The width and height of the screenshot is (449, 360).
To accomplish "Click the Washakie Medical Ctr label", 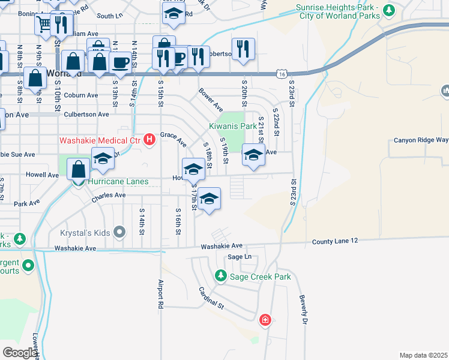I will [x=99, y=141].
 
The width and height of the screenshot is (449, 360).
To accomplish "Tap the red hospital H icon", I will [x=149, y=141].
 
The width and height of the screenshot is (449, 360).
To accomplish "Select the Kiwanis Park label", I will [x=232, y=127].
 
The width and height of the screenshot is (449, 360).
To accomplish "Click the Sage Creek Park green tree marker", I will [x=221, y=276].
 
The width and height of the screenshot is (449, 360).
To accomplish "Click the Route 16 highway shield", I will [x=282, y=73].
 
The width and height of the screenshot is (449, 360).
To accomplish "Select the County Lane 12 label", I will [x=334, y=241].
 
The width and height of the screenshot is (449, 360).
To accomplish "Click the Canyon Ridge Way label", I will [x=421, y=140].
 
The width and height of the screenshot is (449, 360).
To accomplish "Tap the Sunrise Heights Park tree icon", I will [x=389, y=10].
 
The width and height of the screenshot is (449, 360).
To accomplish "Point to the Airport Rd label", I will [x=160, y=293].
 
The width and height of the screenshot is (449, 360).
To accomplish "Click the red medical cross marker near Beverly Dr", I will [x=265, y=320].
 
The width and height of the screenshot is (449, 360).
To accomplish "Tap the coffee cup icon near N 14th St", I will [x=121, y=62].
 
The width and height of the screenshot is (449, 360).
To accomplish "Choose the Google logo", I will [x=20, y=353].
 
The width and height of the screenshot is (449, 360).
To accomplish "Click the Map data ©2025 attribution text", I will [x=423, y=355].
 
